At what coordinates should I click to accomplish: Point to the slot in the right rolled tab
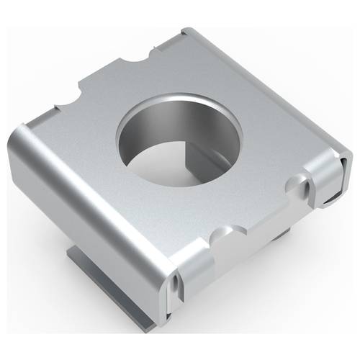point(310,190)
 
